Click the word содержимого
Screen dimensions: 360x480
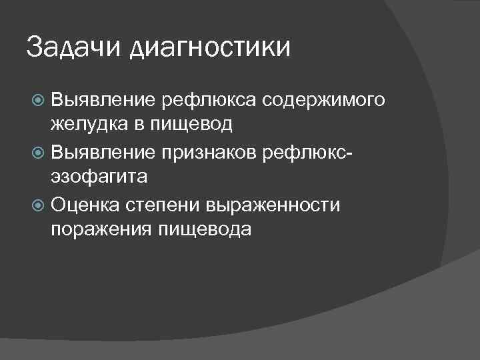coord(324,100)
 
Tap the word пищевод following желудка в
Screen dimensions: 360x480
coord(199,126)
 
